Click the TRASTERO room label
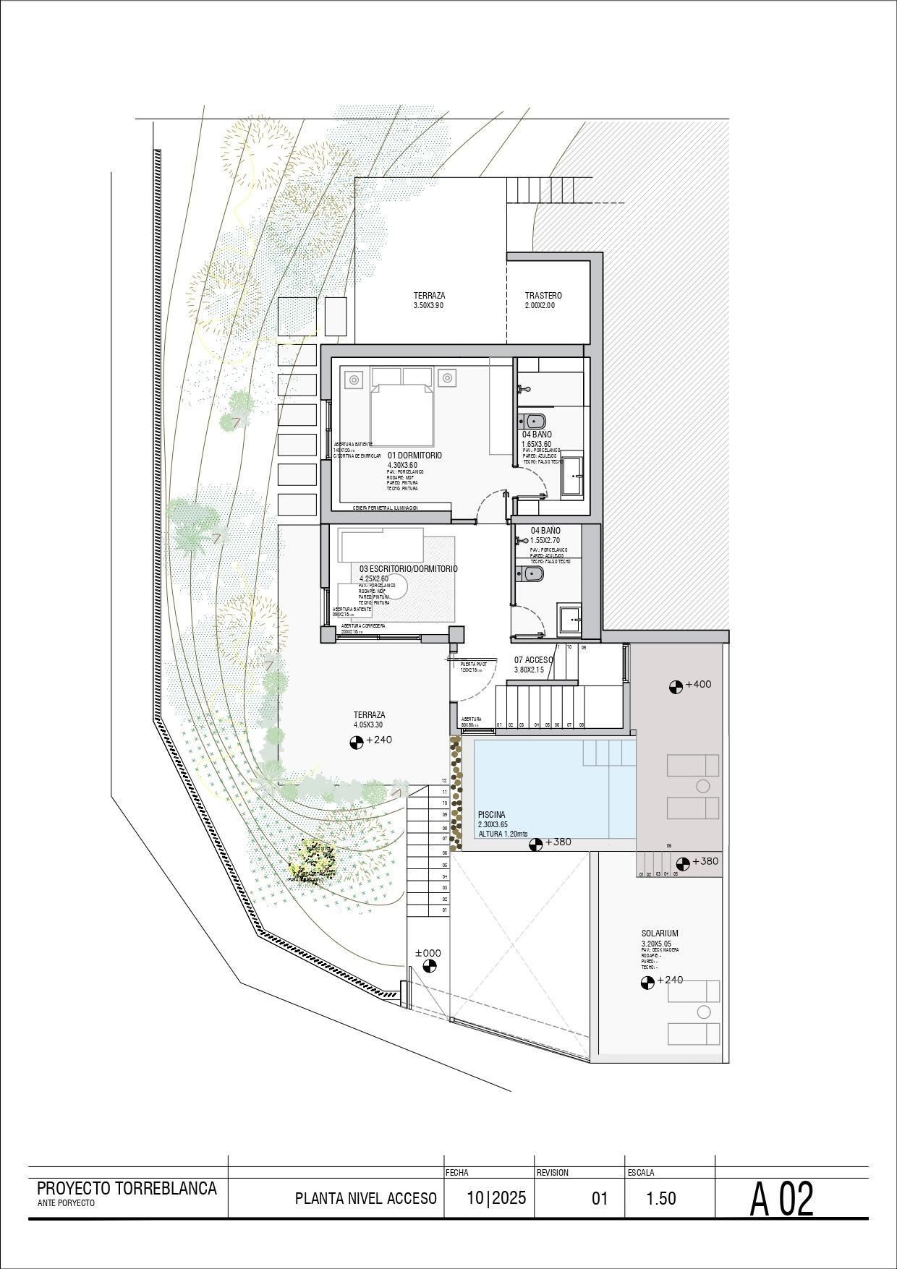point(543,296)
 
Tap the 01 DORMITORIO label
point(415,456)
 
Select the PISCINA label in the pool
point(491,815)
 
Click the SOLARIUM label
point(659,933)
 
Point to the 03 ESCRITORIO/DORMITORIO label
point(408,569)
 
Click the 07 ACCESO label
point(533,660)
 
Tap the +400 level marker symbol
point(676,686)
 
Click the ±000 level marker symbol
point(430,967)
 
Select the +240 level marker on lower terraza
point(357,741)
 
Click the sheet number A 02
point(781,1199)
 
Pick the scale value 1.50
point(660,1198)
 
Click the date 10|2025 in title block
point(496,1197)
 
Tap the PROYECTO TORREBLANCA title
point(127,1188)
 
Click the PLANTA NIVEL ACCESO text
point(365,1198)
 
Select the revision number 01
point(600,1199)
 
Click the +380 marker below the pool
point(536,844)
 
